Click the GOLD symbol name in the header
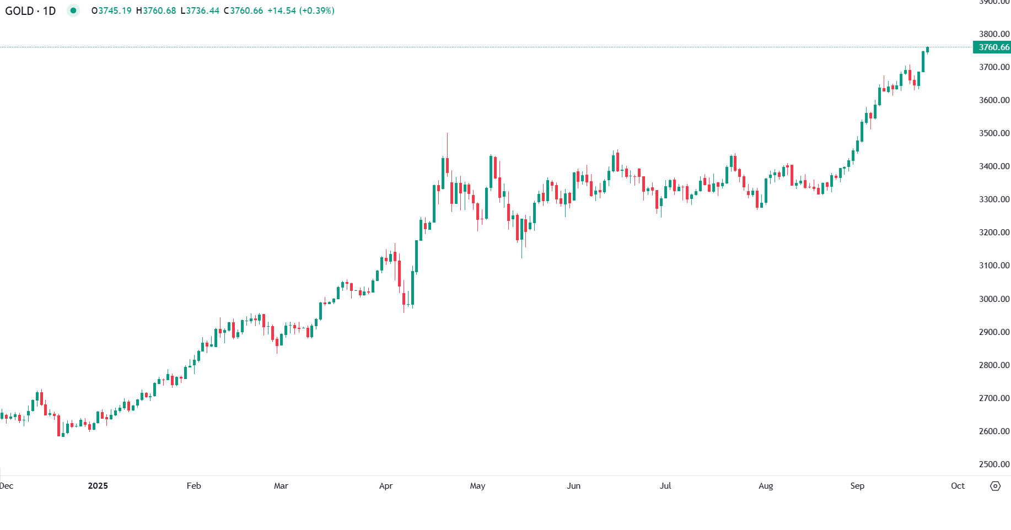coord(19,11)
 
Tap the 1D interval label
coord(50,11)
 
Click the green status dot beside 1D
coord(73,10)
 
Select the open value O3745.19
coord(112,11)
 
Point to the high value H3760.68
coord(157,11)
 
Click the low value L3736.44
coord(200,11)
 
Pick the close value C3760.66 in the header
coord(244,11)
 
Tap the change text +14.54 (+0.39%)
coord(301,11)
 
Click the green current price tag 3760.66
coord(993,47)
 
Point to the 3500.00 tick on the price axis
coord(994,133)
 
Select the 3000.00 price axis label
coord(994,299)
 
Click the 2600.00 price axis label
coord(994,431)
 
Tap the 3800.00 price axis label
coord(994,34)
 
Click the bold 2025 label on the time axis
coord(98,486)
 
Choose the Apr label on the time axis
coord(386,486)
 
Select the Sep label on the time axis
coord(857,486)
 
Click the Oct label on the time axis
coord(958,486)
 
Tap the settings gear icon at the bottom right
coord(995,486)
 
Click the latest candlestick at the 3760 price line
coord(928,50)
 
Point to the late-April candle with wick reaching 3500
coord(447,165)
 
